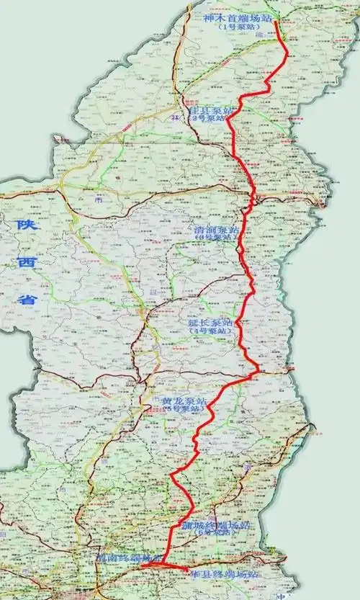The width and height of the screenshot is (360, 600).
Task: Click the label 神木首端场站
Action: (x=235, y=17)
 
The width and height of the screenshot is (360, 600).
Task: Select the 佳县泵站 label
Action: (x=210, y=109)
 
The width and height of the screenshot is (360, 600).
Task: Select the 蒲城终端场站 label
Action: (x=210, y=527)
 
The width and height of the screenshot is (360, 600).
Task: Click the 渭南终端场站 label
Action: (x=126, y=558)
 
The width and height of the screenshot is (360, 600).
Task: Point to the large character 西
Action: (x=25, y=264)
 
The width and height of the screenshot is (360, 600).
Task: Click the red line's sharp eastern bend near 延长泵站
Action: (x=257, y=372)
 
